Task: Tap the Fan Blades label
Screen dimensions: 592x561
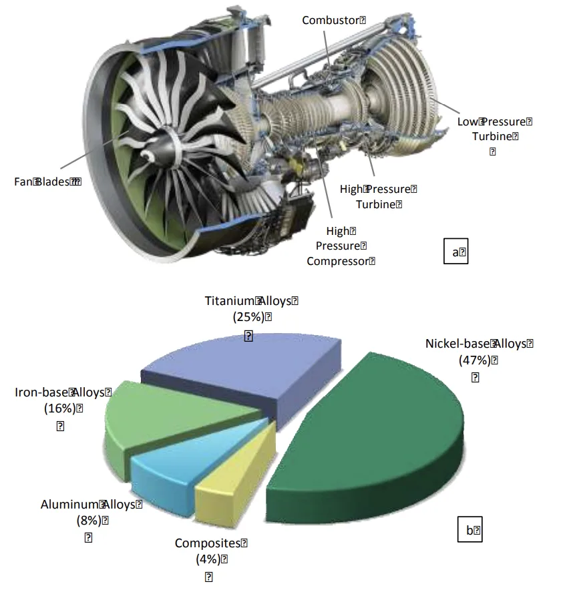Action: tap(47, 182)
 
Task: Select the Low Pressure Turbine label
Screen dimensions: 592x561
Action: tap(494, 129)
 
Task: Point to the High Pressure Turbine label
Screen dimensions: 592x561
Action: tap(378, 197)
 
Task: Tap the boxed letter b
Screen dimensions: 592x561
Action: tap(472, 530)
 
